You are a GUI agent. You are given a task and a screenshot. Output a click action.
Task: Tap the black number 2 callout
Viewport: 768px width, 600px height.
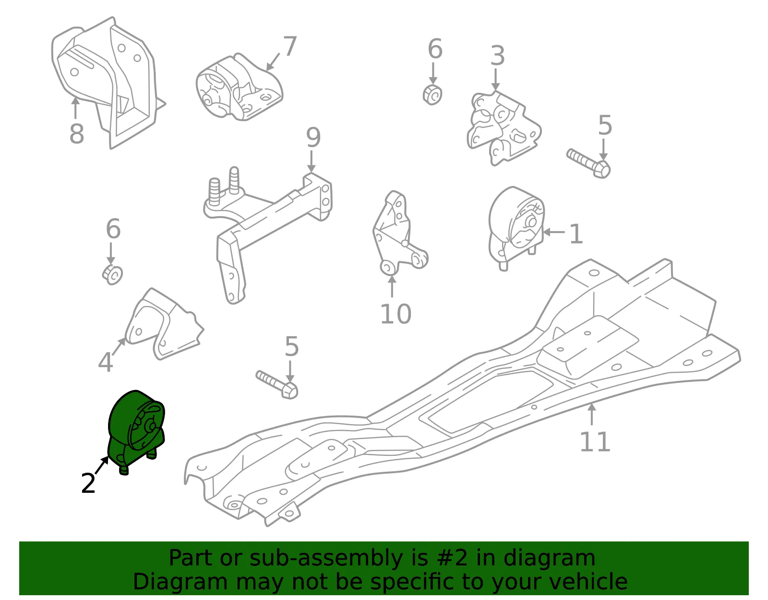click(x=88, y=483)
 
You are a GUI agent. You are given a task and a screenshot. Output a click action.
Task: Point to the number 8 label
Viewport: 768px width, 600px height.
click(x=77, y=134)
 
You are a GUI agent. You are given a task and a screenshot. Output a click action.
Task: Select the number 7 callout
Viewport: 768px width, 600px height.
click(x=290, y=46)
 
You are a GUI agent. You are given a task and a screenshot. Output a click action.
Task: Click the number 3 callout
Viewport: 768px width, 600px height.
click(x=498, y=56)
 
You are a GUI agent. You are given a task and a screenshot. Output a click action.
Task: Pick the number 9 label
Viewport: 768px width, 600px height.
click(x=313, y=137)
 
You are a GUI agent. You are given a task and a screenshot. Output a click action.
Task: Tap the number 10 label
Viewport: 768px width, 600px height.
click(x=396, y=314)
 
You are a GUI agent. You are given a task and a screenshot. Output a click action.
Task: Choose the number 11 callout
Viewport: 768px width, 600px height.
click(x=595, y=441)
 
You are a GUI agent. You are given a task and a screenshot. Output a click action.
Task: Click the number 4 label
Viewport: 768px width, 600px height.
click(x=105, y=362)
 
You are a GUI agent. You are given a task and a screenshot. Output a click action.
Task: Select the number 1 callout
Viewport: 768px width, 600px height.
click(x=576, y=233)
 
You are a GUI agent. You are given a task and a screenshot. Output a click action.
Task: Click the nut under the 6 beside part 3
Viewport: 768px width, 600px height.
click(x=432, y=95)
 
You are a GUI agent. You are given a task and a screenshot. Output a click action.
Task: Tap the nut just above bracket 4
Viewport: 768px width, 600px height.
click(x=113, y=275)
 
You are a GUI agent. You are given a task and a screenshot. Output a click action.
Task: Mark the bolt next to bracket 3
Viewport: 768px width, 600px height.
click(x=588, y=163)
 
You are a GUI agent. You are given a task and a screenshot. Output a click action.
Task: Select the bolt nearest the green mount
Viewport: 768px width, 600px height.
click(x=277, y=385)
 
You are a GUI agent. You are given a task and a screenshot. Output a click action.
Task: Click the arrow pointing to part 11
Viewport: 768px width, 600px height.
click(x=592, y=414)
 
